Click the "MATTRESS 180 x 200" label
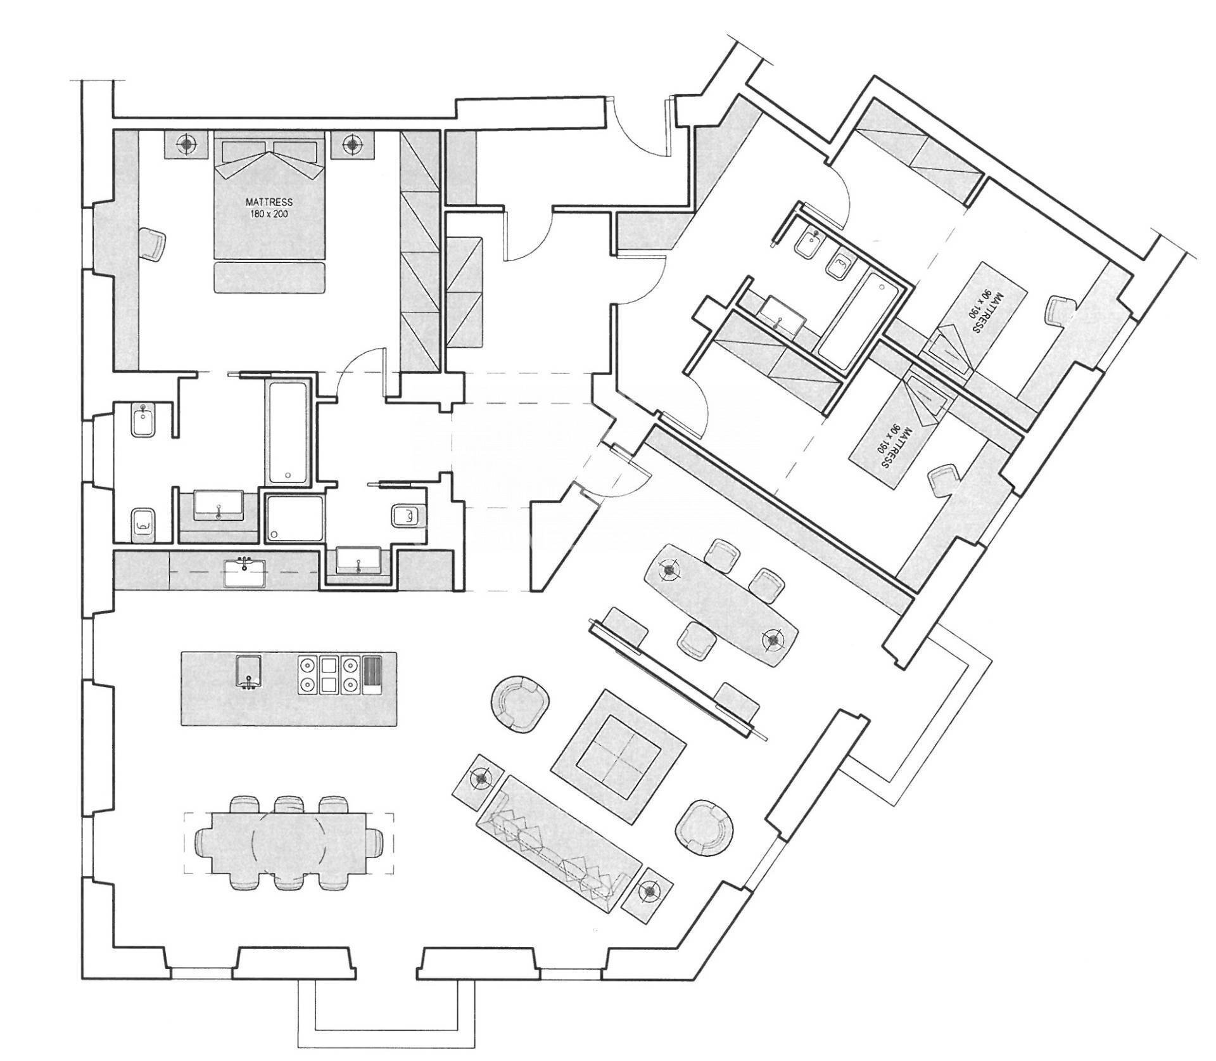[269, 208]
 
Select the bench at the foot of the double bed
[270, 278]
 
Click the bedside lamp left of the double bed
[186, 145]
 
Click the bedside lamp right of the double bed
[351, 145]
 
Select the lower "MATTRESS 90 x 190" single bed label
[895, 447]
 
